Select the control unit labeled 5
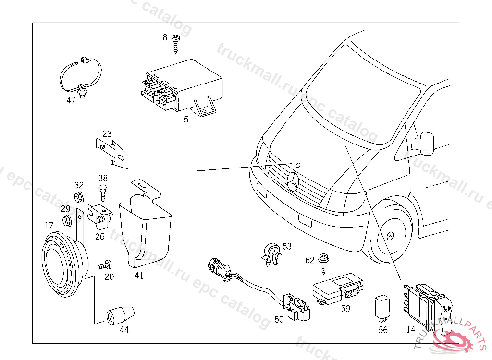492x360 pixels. [183, 86]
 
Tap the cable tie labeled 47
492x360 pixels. [82, 77]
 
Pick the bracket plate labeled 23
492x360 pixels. [113, 153]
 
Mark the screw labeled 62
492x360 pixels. [324, 263]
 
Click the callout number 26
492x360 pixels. [99, 236]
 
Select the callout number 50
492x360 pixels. [279, 319]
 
